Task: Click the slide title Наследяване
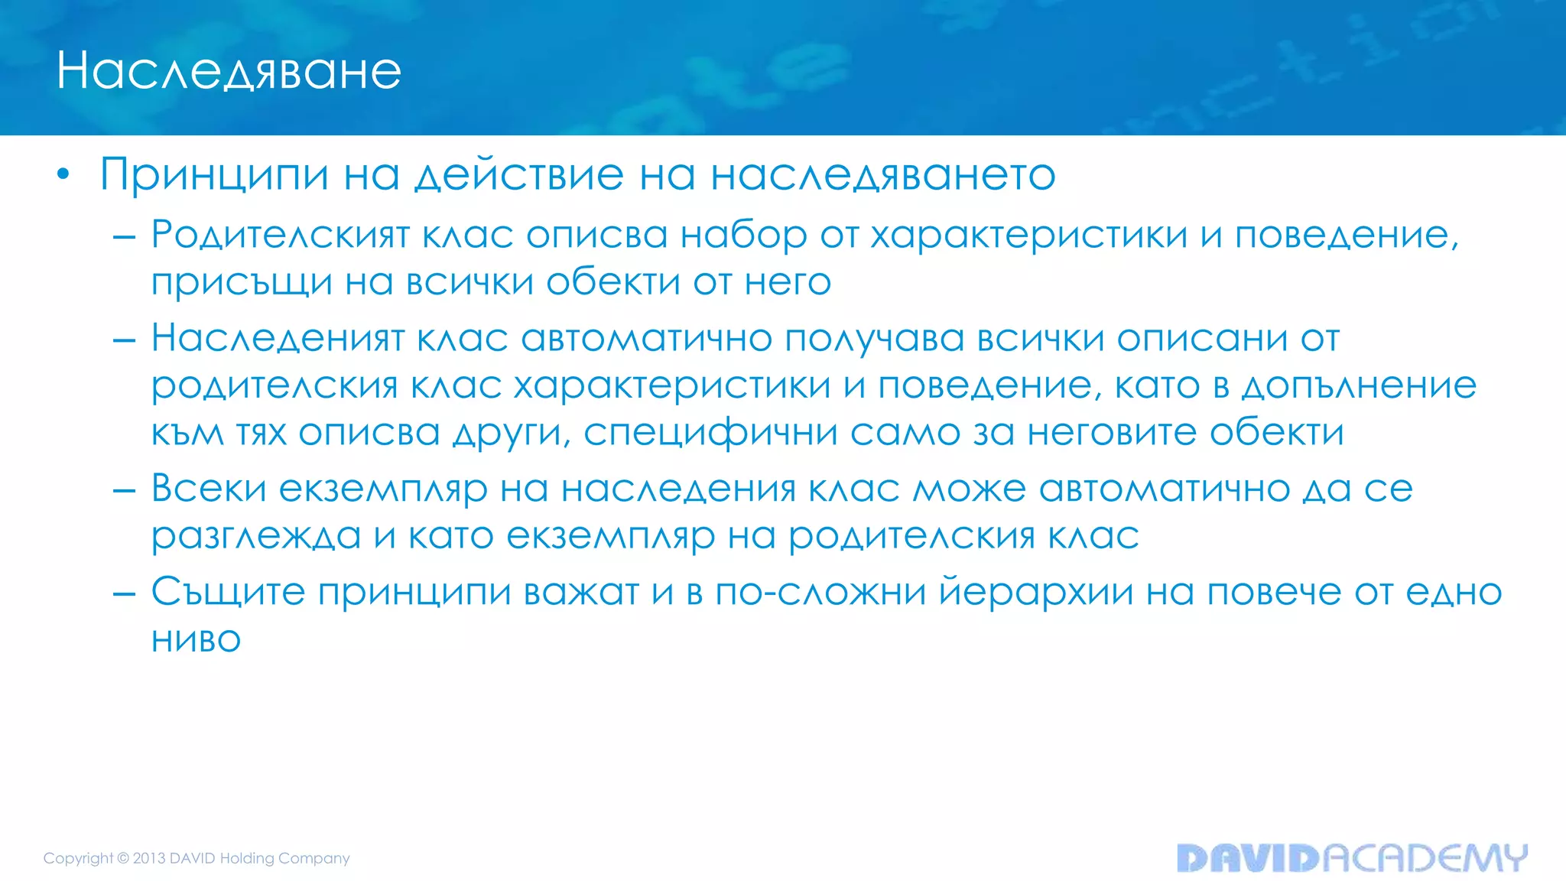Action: tap(229, 71)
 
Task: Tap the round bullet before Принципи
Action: tap(63, 175)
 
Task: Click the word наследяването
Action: tap(883, 175)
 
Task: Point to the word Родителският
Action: tap(280, 236)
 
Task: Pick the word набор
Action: tap(743, 236)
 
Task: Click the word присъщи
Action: tap(242, 283)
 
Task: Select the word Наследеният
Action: tap(277, 339)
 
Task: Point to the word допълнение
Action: tap(1359, 386)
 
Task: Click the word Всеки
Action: tap(208, 489)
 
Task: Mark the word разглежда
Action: tap(255, 537)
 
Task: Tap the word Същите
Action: tap(228, 593)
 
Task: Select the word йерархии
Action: tap(1036, 593)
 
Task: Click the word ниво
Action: tap(196, 640)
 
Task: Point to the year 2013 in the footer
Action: tap(149, 858)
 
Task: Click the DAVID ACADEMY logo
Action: tap(1352, 858)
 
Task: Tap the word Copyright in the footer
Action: tap(78, 858)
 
